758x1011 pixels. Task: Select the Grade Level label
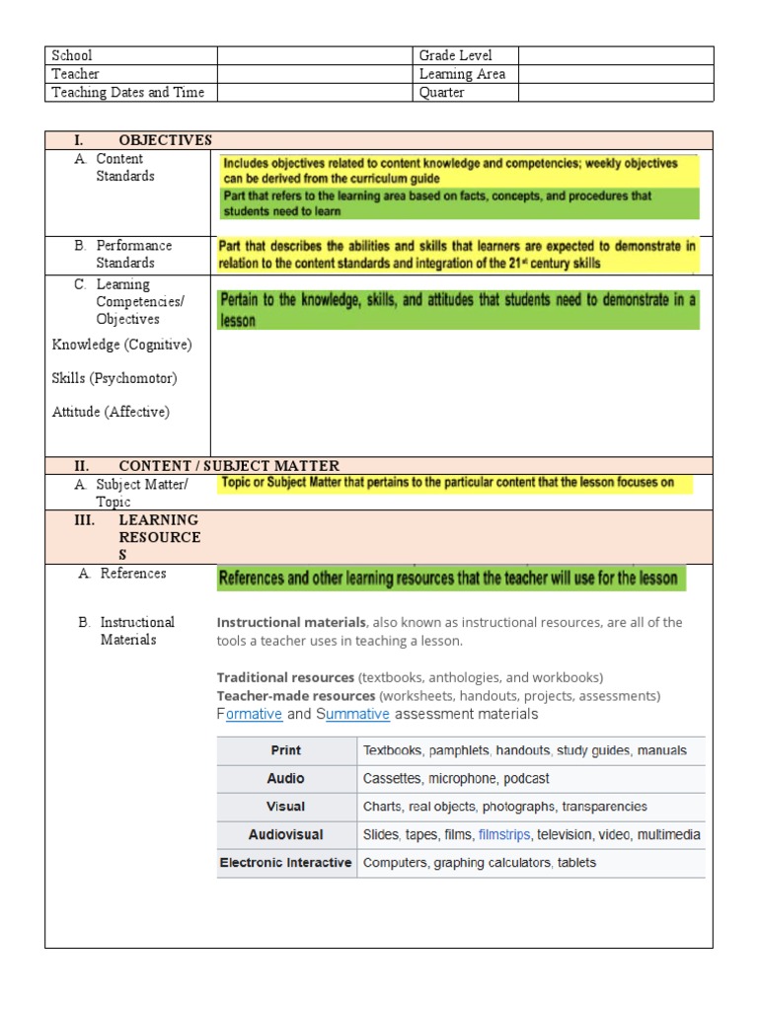pyautogui.click(x=455, y=55)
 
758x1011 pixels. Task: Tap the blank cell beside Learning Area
pyautogui.click(x=615, y=74)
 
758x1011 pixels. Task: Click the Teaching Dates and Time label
pyautogui.click(x=128, y=93)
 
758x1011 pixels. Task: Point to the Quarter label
pyautogui.click(x=441, y=93)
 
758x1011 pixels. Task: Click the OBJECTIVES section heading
pyautogui.click(x=165, y=140)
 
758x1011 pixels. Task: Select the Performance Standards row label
pyautogui.click(x=133, y=254)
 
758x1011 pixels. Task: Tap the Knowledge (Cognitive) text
pyautogui.click(x=121, y=345)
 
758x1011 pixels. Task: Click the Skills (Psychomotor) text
pyautogui.click(x=114, y=378)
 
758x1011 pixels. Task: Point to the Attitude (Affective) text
pyautogui.click(x=111, y=412)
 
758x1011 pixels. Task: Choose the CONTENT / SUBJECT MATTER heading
pyautogui.click(x=228, y=466)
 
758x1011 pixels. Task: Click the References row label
pyautogui.click(x=133, y=574)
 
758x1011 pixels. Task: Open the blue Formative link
pyautogui.click(x=254, y=714)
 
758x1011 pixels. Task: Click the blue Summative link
pyautogui.click(x=357, y=714)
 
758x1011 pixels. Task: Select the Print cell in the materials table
pyautogui.click(x=286, y=750)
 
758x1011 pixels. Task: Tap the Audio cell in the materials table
pyautogui.click(x=286, y=778)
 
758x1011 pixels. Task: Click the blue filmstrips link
pyautogui.click(x=504, y=834)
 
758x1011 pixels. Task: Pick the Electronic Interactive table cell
pyautogui.click(x=285, y=862)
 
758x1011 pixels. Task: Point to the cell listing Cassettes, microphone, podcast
pyautogui.click(x=456, y=778)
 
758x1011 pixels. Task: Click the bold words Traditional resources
pyautogui.click(x=285, y=677)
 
